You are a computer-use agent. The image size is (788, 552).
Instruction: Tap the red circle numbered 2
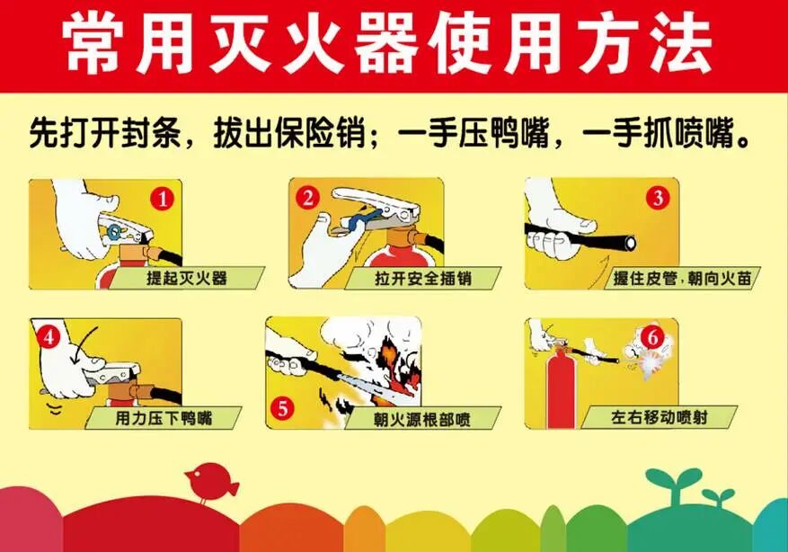308,197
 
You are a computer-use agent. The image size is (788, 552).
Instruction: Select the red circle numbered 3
658,197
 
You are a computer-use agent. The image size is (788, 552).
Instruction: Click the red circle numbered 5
284,408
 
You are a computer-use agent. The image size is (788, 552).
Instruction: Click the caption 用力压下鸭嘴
163,418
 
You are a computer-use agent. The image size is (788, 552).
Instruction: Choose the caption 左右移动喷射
659,418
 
